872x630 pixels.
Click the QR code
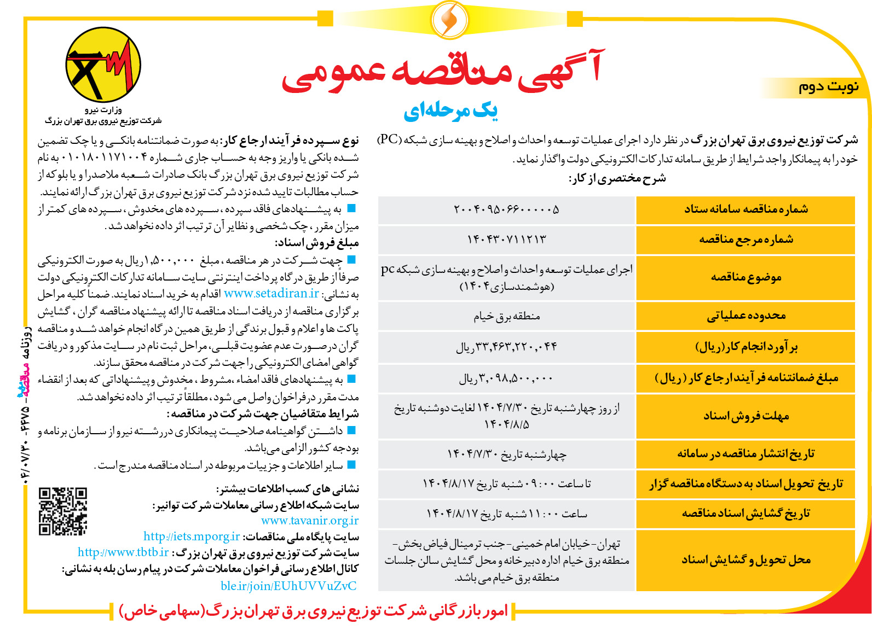pyautogui.click(x=62, y=511)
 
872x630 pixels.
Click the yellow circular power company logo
pyautogui.click(x=103, y=65)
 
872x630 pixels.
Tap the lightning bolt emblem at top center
pyautogui.click(x=450, y=20)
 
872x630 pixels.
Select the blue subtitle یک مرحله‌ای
pyautogui.click(x=451, y=111)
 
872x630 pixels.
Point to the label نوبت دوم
pyautogui.click(x=828, y=87)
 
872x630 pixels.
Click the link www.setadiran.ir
pyautogui.click(x=272, y=294)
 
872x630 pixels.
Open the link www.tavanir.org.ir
pyautogui.click(x=310, y=521)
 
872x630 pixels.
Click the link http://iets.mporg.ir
pyautogui.click(x=192, y=536)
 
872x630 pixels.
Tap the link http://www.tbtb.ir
pyautogui.click(x=123, y=552)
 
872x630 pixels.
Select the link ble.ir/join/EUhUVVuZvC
pyautogui.click(x=288, y=586)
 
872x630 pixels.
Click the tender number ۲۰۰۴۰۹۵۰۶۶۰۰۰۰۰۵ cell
pyautogui.click(x=506, y=209)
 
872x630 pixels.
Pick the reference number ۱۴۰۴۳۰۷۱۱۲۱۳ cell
pyautogui.click(x=506, y=240)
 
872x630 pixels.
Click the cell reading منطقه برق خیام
pyautogui.click(x=506, y=316)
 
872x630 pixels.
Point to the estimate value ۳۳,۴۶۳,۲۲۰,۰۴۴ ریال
pyautogui.click(x=506, y=347)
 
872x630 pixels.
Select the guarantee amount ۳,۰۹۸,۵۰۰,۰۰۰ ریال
pyautogui.click(x=506, y=378)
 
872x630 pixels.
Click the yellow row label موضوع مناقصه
pyautogui.click(x=746, y=277)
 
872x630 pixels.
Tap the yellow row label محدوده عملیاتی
pyautogui.click(x=746, y=316)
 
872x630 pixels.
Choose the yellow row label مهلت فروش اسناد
pyautogui.click(x=746, y=416)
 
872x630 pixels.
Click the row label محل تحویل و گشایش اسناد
pyautogui.click(x=746, y=560)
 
